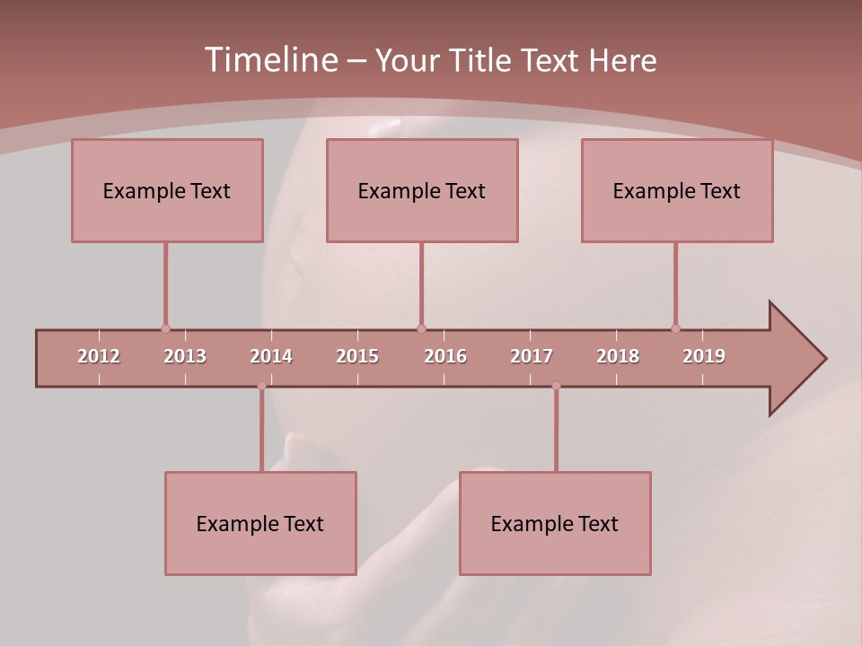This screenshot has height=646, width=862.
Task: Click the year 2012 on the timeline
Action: tap(99, 356)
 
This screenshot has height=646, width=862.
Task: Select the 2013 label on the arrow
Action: tap(185, 356)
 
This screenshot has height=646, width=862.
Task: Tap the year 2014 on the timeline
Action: tap(271, 356)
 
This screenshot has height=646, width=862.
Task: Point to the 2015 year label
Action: tap(357, 356)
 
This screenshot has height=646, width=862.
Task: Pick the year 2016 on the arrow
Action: tap(445, 356)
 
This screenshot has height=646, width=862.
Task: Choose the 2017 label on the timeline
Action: tap(532, 356)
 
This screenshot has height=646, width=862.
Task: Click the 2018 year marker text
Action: tap(618, 356)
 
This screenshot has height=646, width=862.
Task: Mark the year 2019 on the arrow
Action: tap(704, 356)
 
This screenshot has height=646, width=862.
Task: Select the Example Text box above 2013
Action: tap(167, 190)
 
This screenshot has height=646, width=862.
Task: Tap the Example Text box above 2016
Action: tap(422, 190)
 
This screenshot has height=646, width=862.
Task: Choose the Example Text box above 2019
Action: tap(677, 190)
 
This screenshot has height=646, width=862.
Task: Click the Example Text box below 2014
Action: tap(260, 523)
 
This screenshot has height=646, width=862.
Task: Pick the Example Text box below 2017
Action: tap(555, 523)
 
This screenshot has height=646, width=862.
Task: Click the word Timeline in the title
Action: tap(269, 60)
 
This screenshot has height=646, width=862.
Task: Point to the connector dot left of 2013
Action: tap(165, 328)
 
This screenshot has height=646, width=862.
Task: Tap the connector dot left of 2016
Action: tap(421, 328)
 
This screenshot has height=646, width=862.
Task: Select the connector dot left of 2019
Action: tap(675, 328)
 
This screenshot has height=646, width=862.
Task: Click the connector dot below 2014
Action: tap(261, 386)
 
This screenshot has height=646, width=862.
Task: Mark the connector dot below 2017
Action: tap(556, 386)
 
